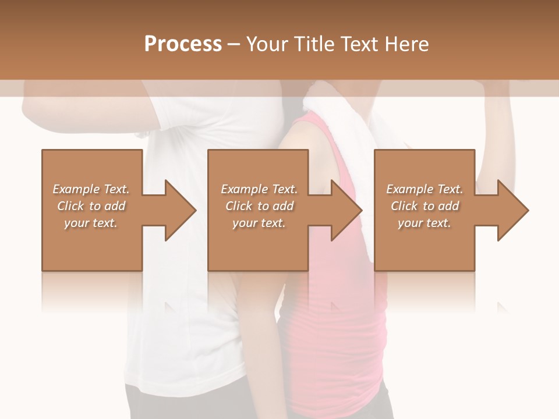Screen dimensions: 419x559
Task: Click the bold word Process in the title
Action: tap(183, 44)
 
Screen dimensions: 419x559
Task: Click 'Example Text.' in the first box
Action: tap(91, 189)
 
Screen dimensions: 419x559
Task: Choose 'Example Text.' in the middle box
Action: tap(259, 189)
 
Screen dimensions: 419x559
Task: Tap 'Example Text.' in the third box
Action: tap(424, 189)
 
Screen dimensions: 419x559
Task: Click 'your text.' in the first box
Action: tap(91, 223)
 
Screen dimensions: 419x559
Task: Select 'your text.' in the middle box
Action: tap(259, 223)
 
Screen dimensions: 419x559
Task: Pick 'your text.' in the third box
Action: tap(424, 223)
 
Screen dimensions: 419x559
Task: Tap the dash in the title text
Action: tap(234, 44)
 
